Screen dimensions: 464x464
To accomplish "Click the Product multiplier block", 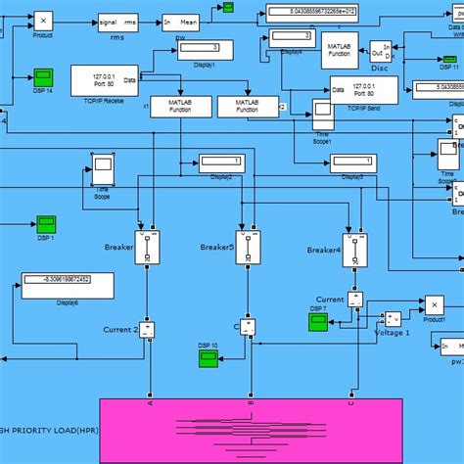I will click(x=43, y=19).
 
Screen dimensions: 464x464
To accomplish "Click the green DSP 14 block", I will click(x=44, y=76).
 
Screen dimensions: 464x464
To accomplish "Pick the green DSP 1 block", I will click(x=47, y=225).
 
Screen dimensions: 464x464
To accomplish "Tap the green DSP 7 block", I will click(x=318, y=320).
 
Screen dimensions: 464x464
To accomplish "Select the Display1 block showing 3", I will click(x=207, y=50).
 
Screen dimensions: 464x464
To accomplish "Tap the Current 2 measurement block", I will click(x=147, y=330).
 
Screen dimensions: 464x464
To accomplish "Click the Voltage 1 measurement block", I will click(x=393, y=318).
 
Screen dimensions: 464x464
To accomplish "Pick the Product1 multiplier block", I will click(x=433, y=304).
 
